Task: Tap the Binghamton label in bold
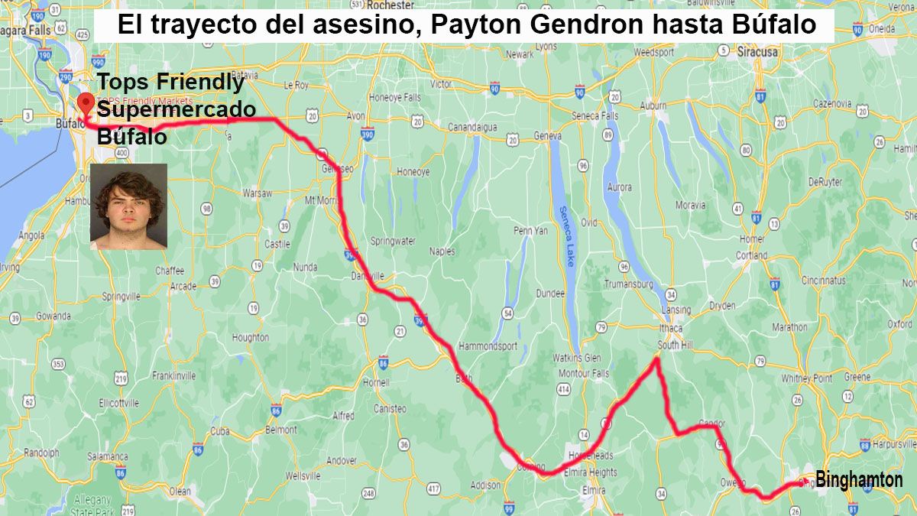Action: (x=859, y=481)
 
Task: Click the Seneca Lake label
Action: (x=566, y=236)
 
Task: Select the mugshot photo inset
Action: (x=128, y=206)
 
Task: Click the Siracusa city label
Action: (x=757, y=53)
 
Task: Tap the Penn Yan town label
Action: (x=530, y=230)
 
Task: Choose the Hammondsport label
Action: (x=488, y=346)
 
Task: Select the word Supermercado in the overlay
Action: (x=177, y=110)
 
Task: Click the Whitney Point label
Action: (x=806, y=378)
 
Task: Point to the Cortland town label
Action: (x=752, y=255)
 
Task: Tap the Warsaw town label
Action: (x=257, y=193)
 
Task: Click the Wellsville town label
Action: (x=303, y=475)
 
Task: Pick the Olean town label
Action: (x=180, y=492)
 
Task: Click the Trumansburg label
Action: (x=628, y=284)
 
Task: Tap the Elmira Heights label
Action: (x=592, y=472)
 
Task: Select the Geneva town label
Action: (x=547, y=135)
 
